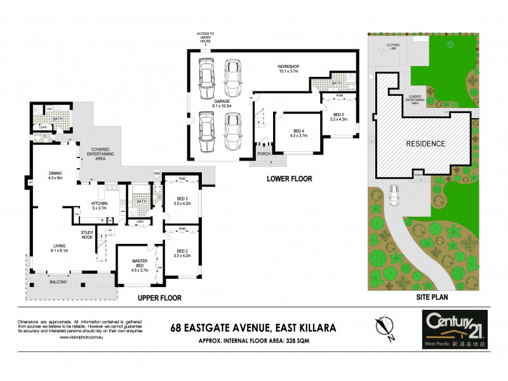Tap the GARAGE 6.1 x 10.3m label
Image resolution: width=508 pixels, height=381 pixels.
click(222, 102)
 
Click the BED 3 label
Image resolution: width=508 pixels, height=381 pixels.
click(182, 201)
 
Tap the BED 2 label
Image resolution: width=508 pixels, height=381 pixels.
click(182, 253)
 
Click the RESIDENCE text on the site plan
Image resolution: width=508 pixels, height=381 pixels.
click(425, 144)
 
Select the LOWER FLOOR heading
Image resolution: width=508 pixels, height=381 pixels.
click(289, 179)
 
